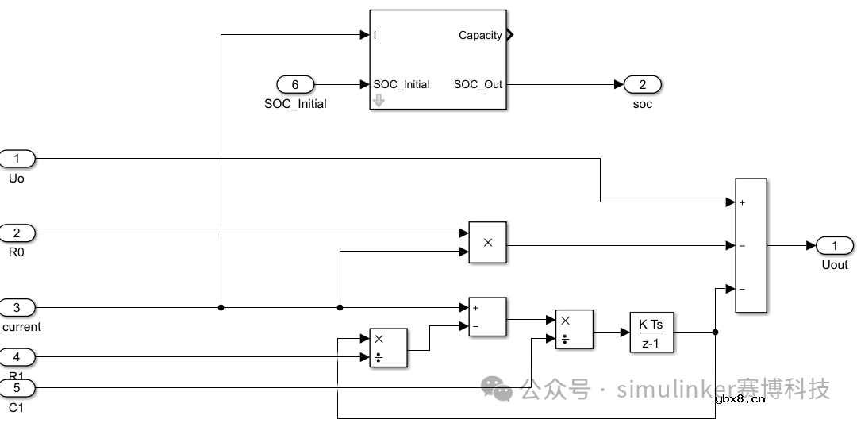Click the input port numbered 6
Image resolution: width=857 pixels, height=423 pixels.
[295, 84]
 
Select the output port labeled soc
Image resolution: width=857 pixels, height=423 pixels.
[643, 84]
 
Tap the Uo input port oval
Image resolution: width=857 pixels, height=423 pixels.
[17, 159]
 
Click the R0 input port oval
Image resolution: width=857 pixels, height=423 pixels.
[17, 233]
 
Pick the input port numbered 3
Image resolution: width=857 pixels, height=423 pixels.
[17, 307]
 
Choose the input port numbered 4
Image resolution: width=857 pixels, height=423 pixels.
[17, 357]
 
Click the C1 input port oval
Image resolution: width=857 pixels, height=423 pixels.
[17, 388]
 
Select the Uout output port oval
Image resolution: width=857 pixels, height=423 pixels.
[835, 245]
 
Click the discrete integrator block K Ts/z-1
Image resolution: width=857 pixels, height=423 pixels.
[651, 333]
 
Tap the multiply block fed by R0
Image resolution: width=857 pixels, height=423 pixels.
[487, 242]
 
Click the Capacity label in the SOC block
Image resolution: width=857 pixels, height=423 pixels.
[480, 35]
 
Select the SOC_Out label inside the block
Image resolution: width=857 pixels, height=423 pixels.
[478, 84]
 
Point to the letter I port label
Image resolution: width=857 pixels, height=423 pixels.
[375, 35]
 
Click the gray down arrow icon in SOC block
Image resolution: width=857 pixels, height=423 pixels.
[379, 100]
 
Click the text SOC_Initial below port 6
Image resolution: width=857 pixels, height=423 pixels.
[295, 104]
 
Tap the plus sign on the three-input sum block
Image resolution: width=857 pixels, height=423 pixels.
[743, 202]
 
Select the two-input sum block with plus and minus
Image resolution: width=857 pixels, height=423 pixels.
[487, 317]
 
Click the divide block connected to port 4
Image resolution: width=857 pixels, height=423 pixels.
[388, 348]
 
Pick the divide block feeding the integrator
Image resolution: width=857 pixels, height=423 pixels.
[574, 329]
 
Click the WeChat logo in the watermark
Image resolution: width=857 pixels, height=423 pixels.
[498, 389]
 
